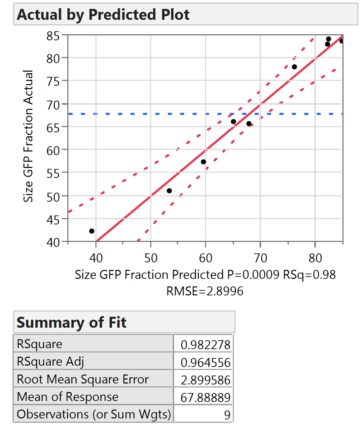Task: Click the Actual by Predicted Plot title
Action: [103, 15]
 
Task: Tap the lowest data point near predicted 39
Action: [92, 231]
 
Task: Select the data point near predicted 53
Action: [169, 191]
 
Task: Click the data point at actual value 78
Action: [294, 67]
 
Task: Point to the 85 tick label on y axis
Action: [53, 36]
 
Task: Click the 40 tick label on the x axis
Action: [96, 258]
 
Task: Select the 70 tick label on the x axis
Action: [260, 258]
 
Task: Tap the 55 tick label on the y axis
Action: [53, 173]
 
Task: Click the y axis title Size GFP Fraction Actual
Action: [28, 136]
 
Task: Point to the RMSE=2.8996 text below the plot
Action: [205, 291]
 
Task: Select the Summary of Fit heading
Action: [71, 322]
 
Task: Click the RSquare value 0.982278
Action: [205, 345]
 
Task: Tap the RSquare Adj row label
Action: [51, 362]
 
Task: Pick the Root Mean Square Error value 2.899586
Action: [205, 380]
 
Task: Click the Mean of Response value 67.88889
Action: [205, 398]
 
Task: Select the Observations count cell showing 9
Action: [227, 415]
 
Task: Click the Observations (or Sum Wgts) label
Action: [94, 414]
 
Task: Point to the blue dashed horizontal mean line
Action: [132, 114]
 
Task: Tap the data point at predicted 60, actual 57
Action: [203, 162]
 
